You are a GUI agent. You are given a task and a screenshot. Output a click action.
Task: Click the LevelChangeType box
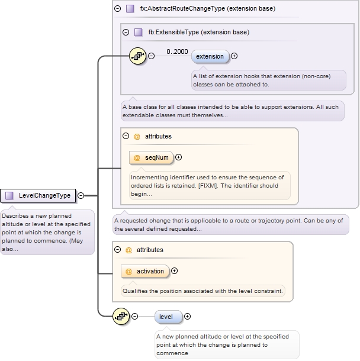pos(39,195)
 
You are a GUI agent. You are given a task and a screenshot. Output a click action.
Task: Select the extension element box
pos(210,56)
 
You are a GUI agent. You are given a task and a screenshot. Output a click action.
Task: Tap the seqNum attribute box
pos(152,157)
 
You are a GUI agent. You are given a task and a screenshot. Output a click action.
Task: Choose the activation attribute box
pos(144,271)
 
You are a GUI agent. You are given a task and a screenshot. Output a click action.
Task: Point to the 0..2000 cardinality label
pos(177,51)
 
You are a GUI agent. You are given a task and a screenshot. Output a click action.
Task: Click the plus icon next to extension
pos(234,56)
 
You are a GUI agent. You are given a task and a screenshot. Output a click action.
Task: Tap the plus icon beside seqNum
pos(178,157)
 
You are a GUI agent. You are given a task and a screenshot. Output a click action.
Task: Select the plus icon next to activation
pos(174,271)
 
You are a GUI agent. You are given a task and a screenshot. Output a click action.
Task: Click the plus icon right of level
pos(188,317)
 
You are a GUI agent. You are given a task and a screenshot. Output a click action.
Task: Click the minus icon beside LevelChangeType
pos(81,195)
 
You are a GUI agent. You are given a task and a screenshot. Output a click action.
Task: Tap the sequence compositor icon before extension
pos(138,56)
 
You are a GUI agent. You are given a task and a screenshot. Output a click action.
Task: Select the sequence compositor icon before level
pos(121,317)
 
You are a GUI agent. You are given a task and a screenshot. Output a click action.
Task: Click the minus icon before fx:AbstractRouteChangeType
pos(117,9)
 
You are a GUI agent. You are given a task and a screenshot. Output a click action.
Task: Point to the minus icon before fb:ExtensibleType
pos(126,32)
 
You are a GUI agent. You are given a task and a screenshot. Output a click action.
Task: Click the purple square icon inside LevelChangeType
pos(9,195)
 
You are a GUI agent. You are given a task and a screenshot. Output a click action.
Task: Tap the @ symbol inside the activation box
pos(129,271)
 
